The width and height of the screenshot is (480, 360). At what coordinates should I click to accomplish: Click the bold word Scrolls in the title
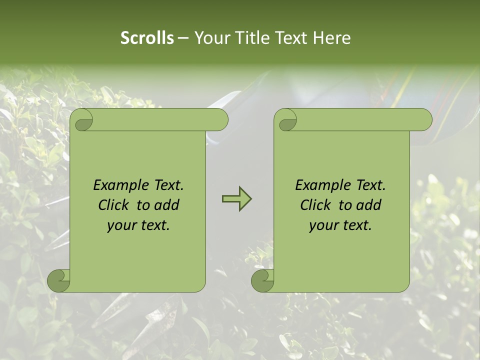tap(147, 38)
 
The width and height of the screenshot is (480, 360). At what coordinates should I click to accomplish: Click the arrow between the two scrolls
tap(236, 199)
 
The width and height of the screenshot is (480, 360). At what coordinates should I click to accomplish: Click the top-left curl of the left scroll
tap(82, 120)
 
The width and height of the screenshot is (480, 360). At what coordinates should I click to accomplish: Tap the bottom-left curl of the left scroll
tap(58, 280)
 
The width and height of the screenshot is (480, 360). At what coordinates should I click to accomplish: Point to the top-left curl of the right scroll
tap(286, 120)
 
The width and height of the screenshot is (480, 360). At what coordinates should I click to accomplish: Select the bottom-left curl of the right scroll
tap(262, 280)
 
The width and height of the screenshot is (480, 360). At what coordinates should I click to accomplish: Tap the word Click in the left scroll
tap(112, 205)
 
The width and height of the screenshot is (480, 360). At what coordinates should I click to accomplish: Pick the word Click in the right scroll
tap(315, 205)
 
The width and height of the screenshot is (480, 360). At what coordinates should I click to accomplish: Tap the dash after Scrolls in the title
tap(183, 38)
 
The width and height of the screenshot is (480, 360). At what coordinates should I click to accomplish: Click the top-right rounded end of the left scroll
tap(220, 120)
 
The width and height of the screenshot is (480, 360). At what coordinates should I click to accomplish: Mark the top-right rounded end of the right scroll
tap(424, 120)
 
